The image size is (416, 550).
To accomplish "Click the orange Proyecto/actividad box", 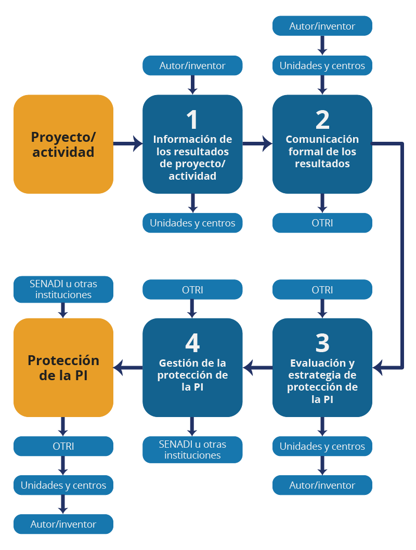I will point(63,144).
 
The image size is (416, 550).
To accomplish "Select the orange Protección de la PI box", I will point(63,367).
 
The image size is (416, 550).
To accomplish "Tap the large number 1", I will point(192,119).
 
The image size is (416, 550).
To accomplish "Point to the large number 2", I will point(322,119).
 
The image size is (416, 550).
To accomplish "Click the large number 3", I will point(322,343).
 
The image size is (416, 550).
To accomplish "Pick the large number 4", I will point(192,343).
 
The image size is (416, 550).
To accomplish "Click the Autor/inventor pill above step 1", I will point(192,65).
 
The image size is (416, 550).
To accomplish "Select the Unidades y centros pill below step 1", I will point(192,223).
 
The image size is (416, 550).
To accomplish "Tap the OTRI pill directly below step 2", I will point(322,223).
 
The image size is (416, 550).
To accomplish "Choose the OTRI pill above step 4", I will point(192,289).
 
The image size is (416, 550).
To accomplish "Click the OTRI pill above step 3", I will point(322,289).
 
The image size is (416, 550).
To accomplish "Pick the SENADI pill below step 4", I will point(192,449).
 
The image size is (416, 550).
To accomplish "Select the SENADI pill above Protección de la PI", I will point(63,289).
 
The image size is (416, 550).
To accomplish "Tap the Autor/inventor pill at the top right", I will point(322,25).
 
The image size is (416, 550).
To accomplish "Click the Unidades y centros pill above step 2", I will point(322,65).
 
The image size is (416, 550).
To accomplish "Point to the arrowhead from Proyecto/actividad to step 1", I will point(138,143).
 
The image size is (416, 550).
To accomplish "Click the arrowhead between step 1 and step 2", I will point(268,143).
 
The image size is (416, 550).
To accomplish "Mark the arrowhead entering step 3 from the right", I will point(378,367).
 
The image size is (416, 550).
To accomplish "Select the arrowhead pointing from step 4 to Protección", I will point(119,367).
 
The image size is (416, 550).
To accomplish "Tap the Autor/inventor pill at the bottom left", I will point(63,524).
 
